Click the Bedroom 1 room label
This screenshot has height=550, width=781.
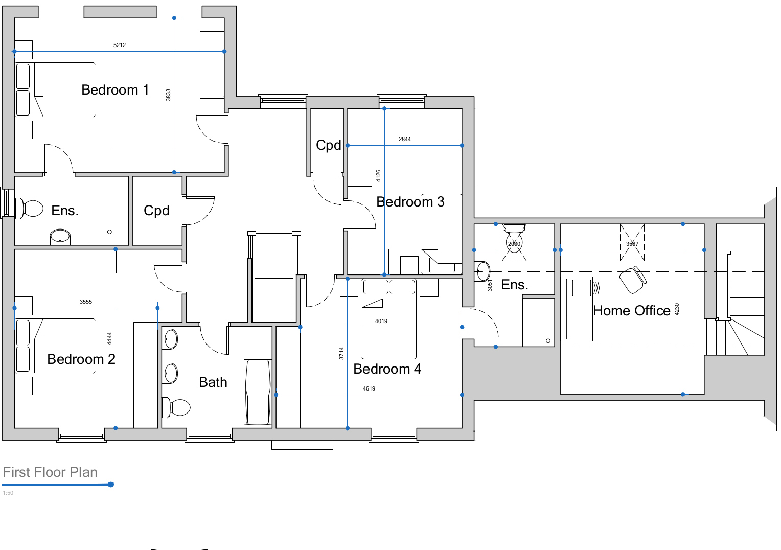tap(115, 90)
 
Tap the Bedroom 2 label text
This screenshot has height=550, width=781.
tap(81, 359)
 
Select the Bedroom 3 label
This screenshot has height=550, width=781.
tap(410, 202)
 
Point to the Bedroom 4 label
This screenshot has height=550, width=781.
tap(387, 369)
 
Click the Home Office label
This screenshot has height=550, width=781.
tap(631, 311)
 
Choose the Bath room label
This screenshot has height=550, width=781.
tap(213, 382)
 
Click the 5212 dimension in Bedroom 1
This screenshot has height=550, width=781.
tap(120, 45)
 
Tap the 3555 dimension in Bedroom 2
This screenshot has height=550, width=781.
tap(86, 302)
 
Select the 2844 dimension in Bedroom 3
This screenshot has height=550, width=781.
tap(404, 139)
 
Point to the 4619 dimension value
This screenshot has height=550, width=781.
tap(369, 388)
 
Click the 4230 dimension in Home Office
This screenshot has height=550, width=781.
tap(677, 309)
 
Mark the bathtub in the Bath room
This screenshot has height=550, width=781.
tap(258, 392)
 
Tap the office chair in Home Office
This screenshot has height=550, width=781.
tap(633, 280)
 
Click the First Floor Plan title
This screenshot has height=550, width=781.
tap(50, 472)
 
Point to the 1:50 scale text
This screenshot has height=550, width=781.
tap(8, 493)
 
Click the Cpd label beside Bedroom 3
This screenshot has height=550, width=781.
tap(328, 145)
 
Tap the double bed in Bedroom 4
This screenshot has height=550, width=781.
tap(389, 319)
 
